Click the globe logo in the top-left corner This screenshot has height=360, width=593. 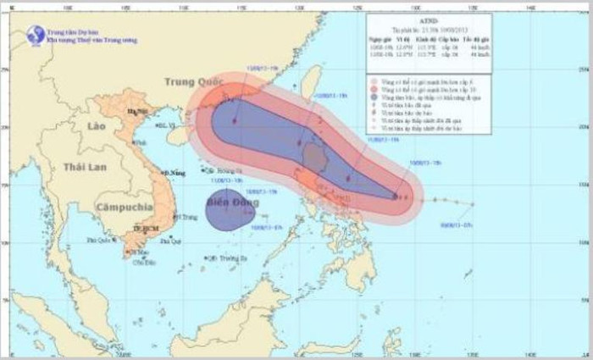(36, 35)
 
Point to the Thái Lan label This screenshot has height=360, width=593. (84, 168)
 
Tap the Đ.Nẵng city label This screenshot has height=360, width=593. (175, 173)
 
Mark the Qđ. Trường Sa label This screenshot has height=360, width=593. (226, 258)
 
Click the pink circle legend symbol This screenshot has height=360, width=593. (373, 83)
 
